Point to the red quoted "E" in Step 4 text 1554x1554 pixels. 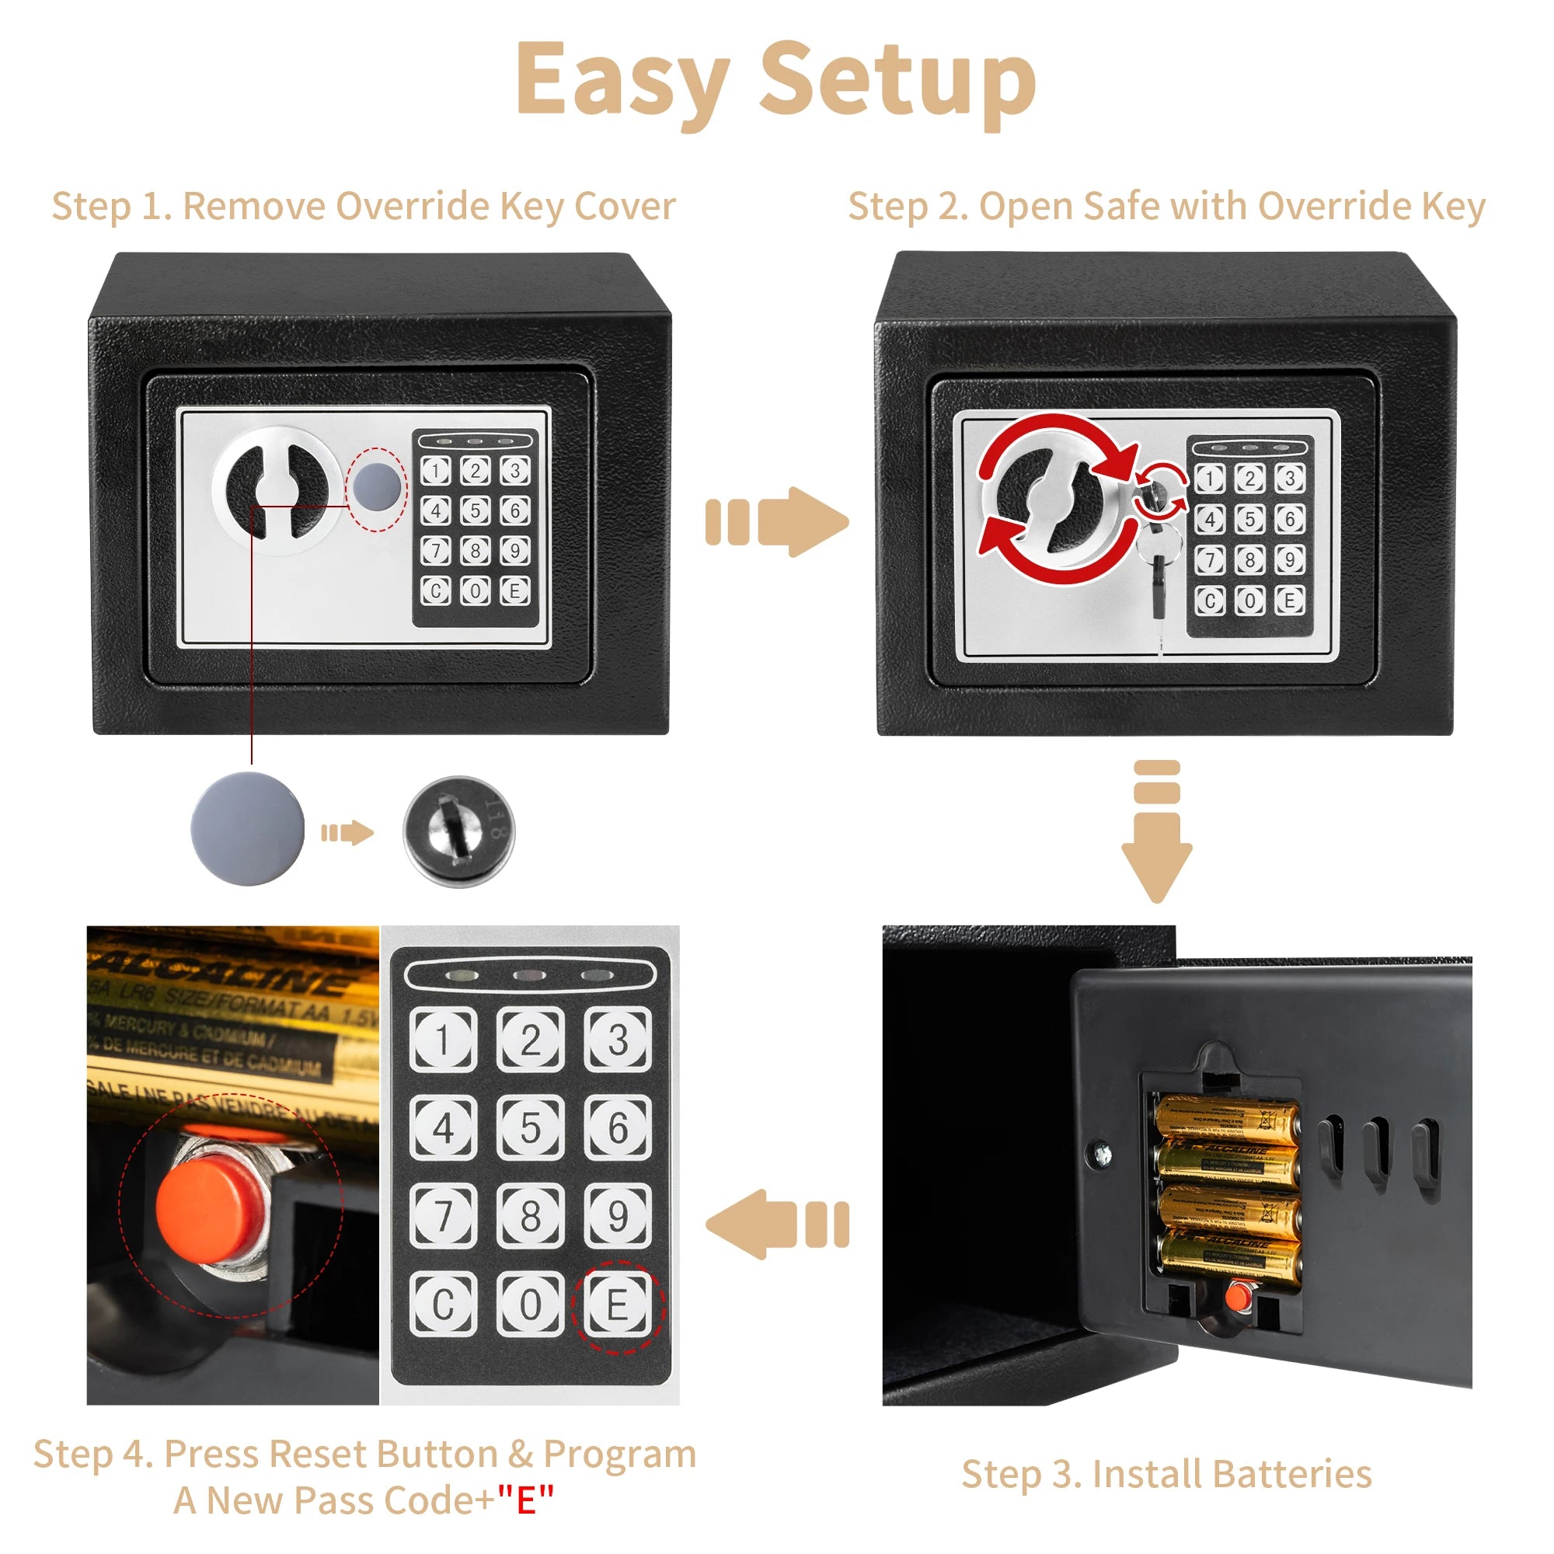[525, 1500]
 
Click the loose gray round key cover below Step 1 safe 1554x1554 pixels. [248, 829]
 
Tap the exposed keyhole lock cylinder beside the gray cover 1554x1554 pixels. [458, 831]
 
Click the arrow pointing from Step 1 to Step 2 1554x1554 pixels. [777, 522]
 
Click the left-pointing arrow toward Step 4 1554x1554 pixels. [777, 1225]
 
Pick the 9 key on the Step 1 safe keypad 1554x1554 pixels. [515, 550]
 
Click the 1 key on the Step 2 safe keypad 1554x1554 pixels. [1210, 479]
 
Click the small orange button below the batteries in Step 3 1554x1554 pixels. [1236, 1296]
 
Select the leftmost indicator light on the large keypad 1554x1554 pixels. [465, 977]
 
